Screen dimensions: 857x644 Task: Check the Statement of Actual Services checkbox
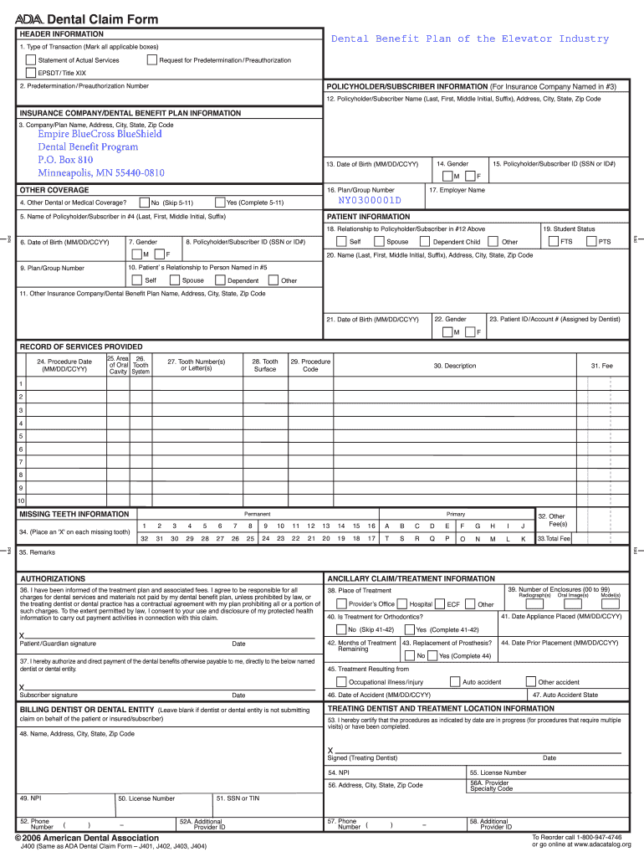tap(31, 60)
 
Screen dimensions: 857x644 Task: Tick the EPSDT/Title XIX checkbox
tap(31, 73)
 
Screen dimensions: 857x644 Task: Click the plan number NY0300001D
tap(370, 201)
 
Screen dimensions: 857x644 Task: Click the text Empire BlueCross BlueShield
tap(100, 134)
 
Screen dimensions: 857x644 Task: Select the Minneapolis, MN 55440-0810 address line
tap(101, 172)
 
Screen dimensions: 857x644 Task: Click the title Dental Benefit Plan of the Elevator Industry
tap(470, 39)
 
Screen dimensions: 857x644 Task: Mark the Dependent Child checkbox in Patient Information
tap(426, 242)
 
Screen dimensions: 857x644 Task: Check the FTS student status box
tap(553, 242)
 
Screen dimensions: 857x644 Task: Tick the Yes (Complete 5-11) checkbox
tap(219, 202)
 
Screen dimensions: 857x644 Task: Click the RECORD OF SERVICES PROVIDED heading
tap(81, 346)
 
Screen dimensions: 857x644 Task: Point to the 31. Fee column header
tap(601, 366)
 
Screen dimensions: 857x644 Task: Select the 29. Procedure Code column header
tap(310, 366)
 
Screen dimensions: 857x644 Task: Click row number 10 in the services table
tap(21, 500)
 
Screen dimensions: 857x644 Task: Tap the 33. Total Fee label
tap(553, 539)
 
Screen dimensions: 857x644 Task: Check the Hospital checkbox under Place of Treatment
tap(402, 603)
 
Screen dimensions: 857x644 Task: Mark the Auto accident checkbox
tap(455, 682)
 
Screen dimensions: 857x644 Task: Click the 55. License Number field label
tap(498, 772)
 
